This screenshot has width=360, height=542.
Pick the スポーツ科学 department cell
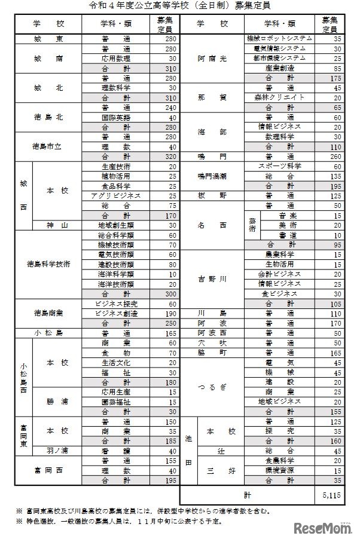[x=279, y=166]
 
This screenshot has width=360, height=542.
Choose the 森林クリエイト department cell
[x=279, y=97]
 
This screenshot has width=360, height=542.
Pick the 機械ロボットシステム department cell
[x=279, y=39]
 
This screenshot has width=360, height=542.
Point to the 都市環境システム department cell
[x=279, y=58]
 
